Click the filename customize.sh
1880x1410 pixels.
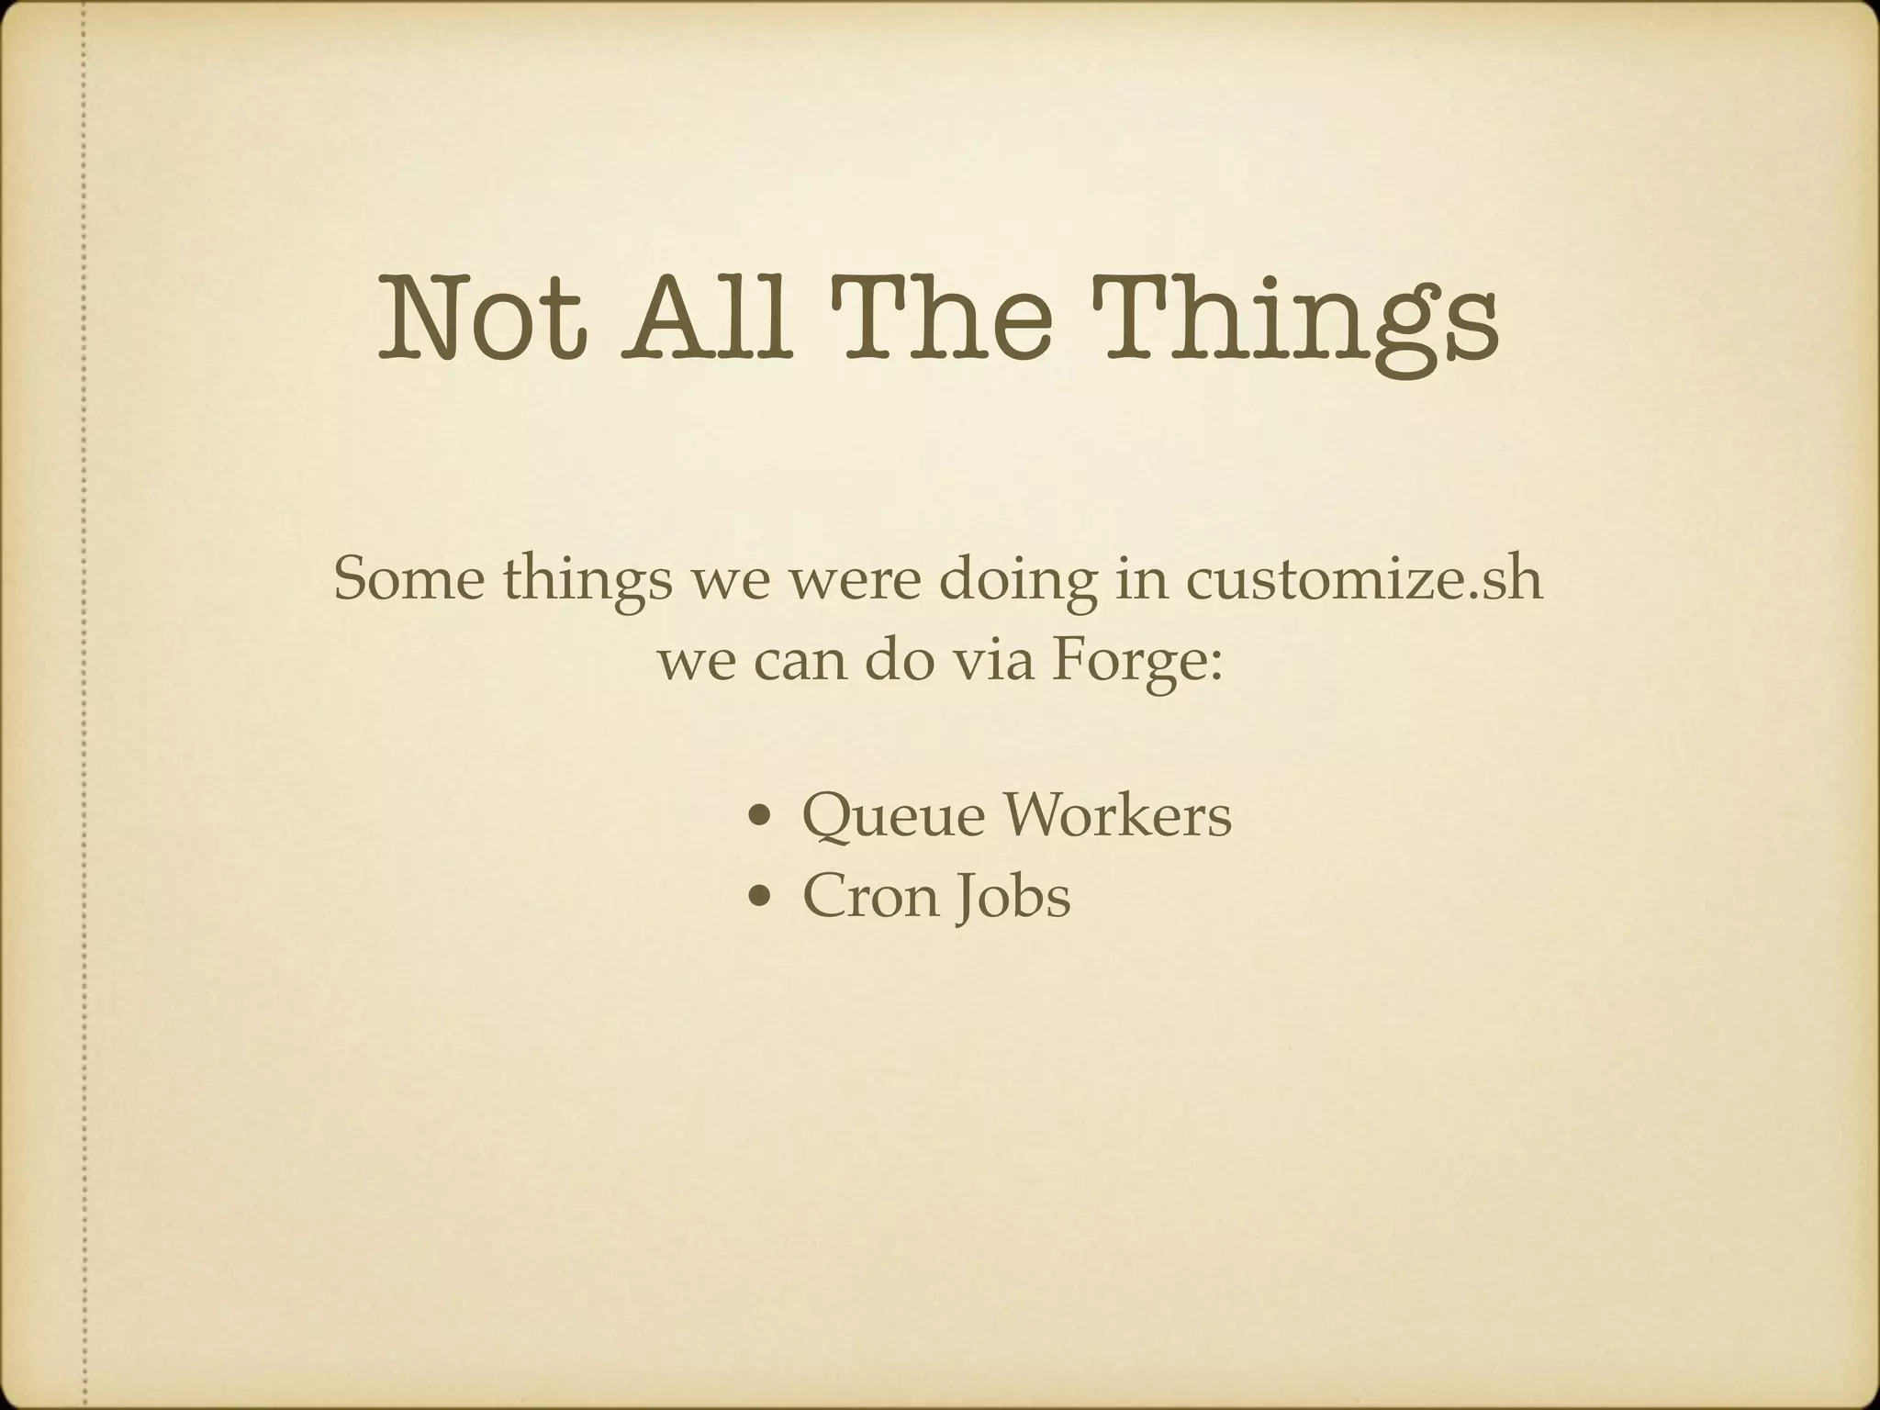coord(1363,579)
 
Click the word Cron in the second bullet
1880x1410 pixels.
coord(871,896)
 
